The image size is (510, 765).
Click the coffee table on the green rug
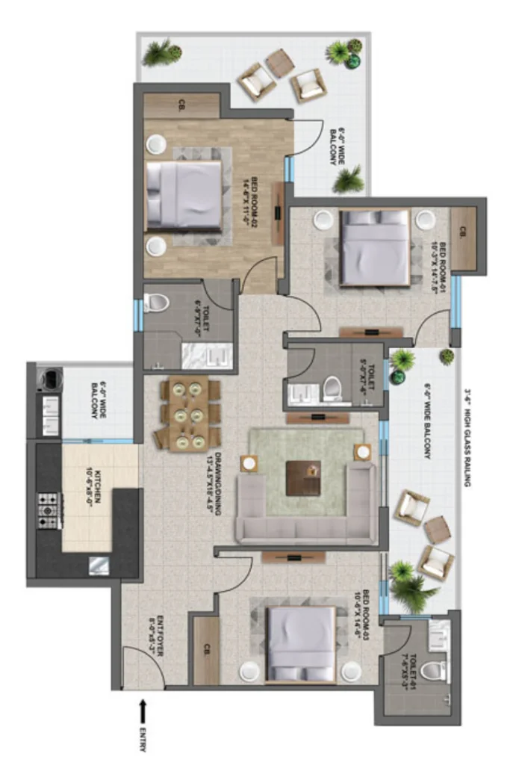(305, 478)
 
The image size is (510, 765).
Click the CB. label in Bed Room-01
(463, 232)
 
